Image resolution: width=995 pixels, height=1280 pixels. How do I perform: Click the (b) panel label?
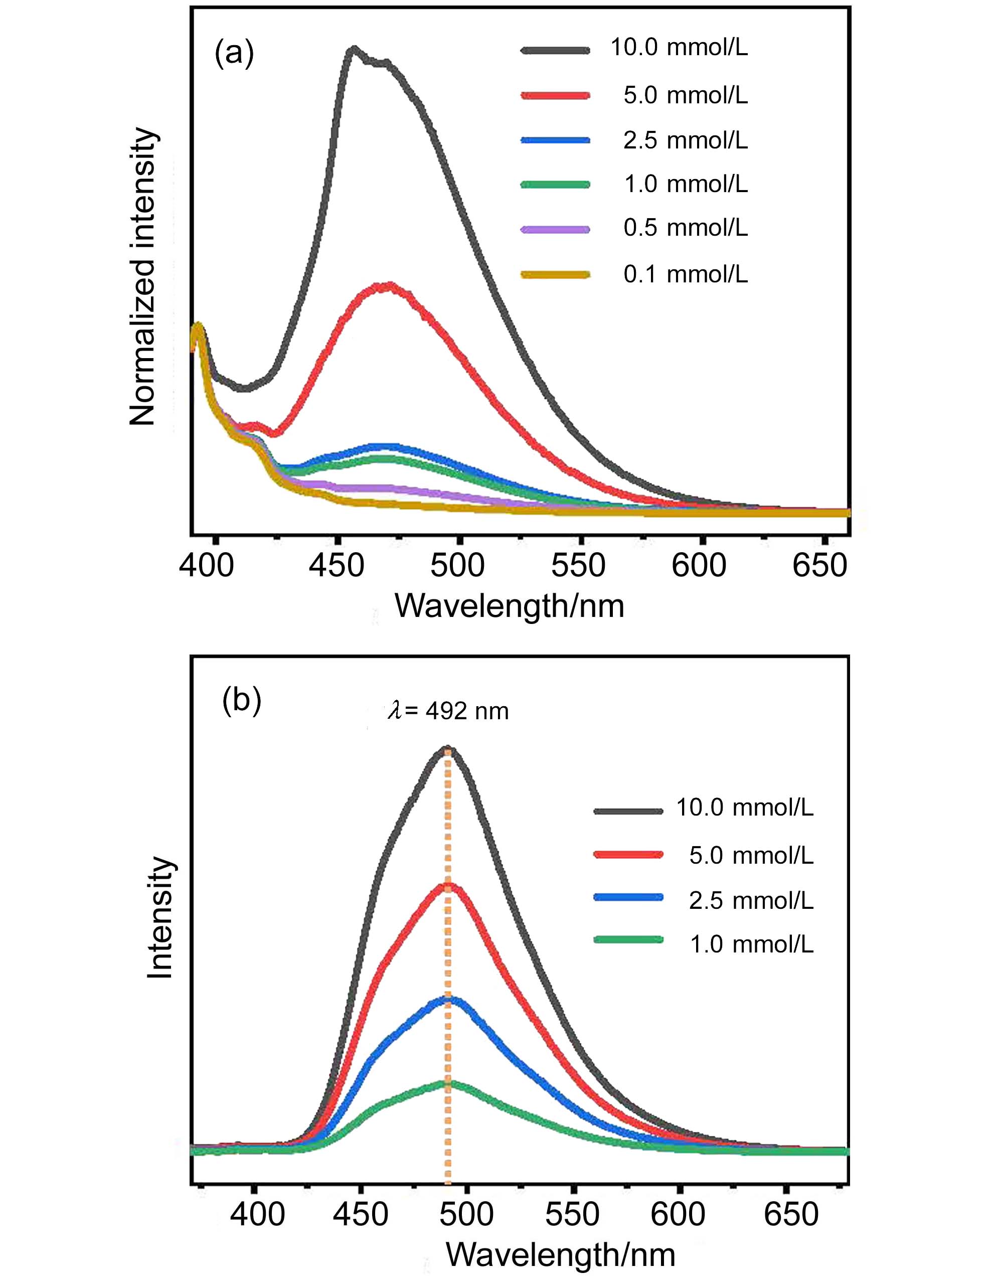tap(241, 700)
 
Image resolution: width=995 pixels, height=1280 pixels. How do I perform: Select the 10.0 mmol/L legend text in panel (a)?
tap(679, 48)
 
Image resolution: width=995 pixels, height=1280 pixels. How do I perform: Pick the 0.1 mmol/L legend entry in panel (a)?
tap(686, 274)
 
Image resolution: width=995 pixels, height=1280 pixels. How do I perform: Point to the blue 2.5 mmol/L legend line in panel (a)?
tap(555, 140)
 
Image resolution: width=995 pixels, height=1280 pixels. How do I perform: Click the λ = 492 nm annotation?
tap(448, 712)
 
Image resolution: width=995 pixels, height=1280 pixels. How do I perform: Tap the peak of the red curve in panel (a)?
tap(387, 286)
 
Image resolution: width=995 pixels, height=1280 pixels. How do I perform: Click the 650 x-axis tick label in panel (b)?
tap(790, 1214)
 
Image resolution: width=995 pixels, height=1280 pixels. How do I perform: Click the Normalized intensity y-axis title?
tap(143, 276)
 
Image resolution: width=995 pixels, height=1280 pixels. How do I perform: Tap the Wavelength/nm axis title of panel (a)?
tap(509, 606)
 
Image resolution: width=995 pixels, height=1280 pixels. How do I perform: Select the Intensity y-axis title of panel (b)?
tap(159, 917)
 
